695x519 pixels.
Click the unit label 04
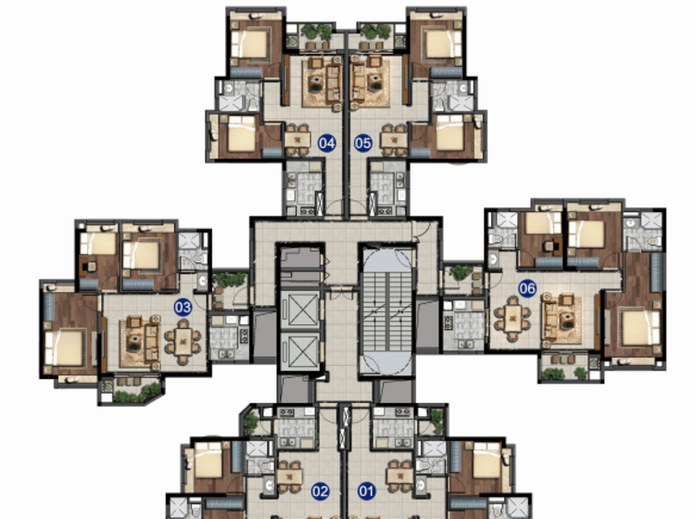(x=327, y=143)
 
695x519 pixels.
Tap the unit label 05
(x=362, y=143)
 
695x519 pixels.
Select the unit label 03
(x=183, y=307)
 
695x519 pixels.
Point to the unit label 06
(x=527, y=288)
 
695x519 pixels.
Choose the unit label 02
(x=320, y=491)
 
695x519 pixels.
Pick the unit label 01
(x=367, y=491)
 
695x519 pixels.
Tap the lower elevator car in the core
(x=300, y=351)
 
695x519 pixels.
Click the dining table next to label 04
(x=297, y=140)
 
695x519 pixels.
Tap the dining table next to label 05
(x=394, y=140)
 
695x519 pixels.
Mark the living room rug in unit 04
(x=322, y=83)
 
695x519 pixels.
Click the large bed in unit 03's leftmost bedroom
(x=65, y=347)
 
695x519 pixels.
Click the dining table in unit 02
(x=290, y=477)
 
